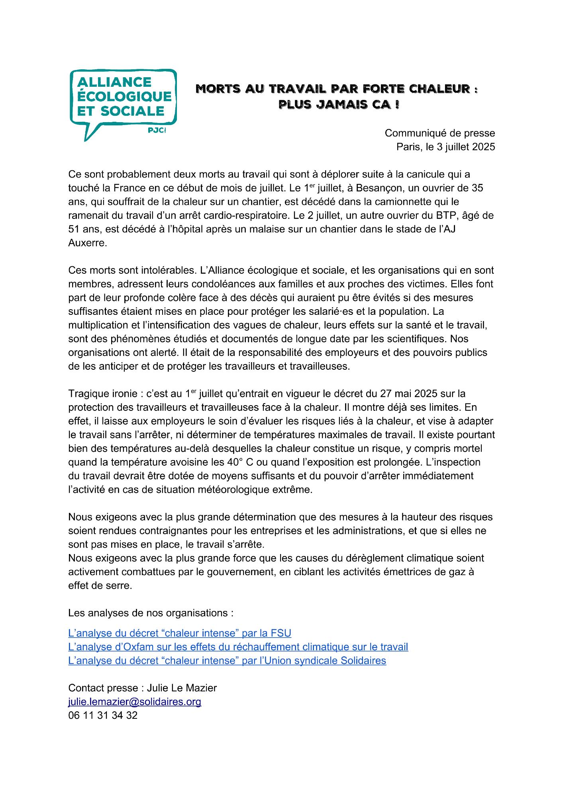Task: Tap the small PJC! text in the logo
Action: coord(157,130)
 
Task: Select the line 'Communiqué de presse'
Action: coord(439,133)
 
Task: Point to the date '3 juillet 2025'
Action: coord(466,147)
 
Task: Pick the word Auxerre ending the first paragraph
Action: coord(87,243)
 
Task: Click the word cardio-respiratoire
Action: coord(247,215)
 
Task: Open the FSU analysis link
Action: coord(180,633)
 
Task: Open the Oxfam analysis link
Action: coord(238,647)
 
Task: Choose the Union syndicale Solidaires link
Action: coord(227,661)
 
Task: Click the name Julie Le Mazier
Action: coord(182,688)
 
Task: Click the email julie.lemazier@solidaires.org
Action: coord(135,702)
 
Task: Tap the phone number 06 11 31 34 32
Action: coord(103,716)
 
